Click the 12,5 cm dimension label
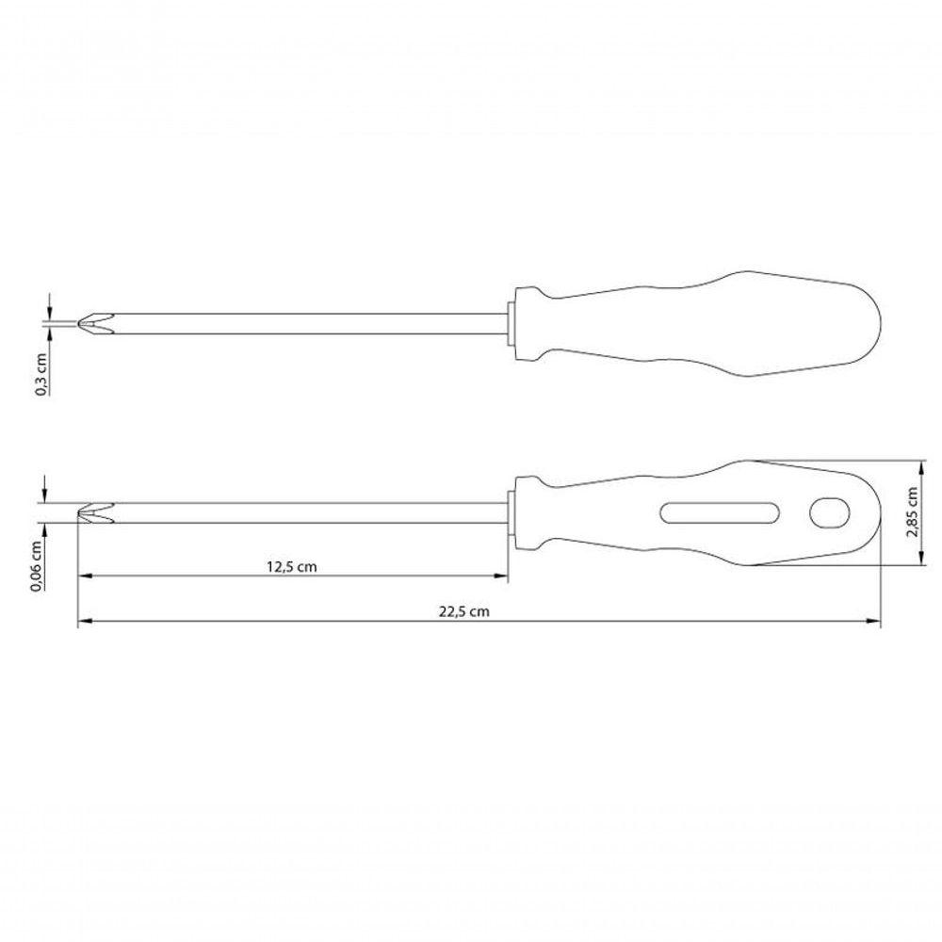point(291,566)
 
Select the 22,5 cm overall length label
point(463,611)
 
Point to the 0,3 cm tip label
point(41,375)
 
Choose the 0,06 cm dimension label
point(36,566)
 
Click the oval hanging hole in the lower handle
point(830,512)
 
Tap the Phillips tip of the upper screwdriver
point(95,324)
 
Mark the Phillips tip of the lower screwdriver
point(95,512)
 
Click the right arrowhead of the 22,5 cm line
point(873,621)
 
